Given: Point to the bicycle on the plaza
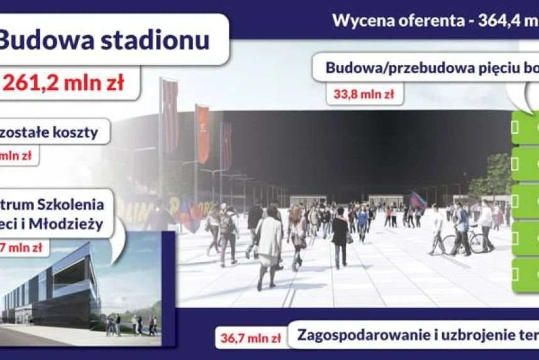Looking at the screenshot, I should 465,242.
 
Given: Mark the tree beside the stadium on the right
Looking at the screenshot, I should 497,173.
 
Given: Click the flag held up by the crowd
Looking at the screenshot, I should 418,200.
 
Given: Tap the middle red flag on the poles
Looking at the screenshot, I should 203,133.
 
